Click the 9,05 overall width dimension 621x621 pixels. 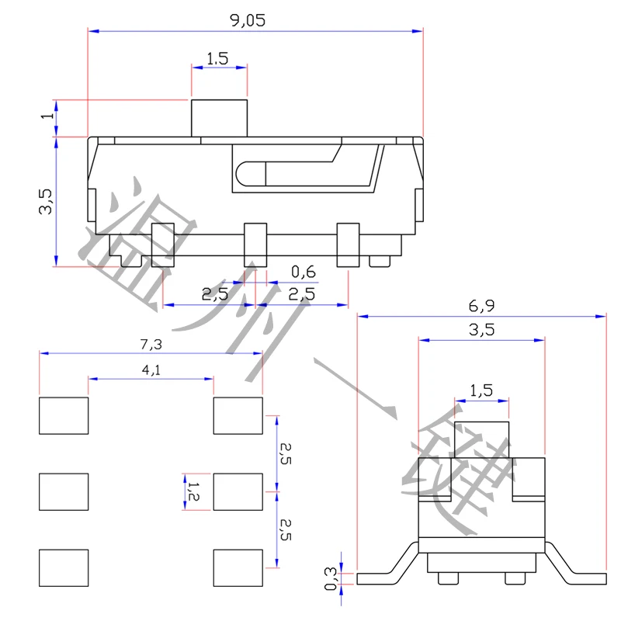click(248, 20)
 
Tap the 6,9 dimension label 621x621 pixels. click(481, 306)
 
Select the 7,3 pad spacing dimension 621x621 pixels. click(151, 344)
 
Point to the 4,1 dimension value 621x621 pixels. click(151, 370)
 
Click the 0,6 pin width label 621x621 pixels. click(304, 272)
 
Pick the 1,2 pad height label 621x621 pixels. click(193, 491)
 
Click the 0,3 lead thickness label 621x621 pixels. click(331, 578)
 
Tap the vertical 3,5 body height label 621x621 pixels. click(45, 202)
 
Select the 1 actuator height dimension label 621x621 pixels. click(47, 115)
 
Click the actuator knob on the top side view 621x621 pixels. click(219, 119)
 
